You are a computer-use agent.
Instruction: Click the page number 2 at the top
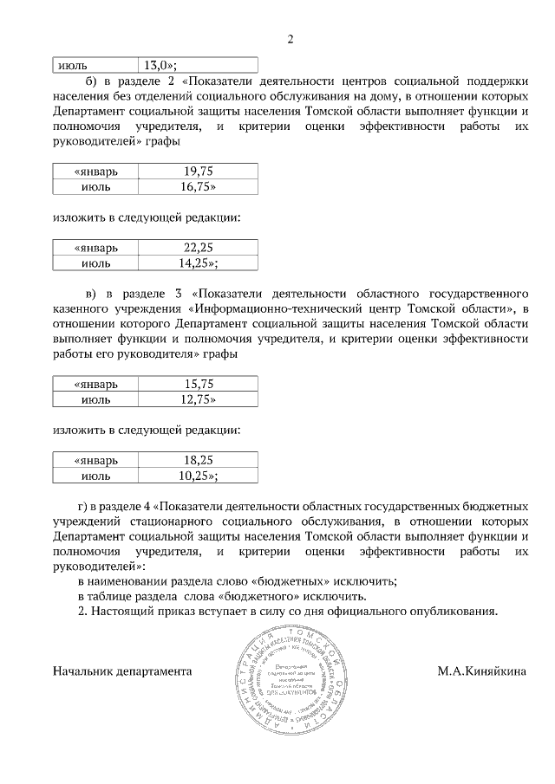pos(291,39)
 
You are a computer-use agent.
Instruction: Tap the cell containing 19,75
pos(199,171)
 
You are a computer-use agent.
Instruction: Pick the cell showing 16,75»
pos(199,185)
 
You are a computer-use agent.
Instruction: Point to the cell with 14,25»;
pos(199,262)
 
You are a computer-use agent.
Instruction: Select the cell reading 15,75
pos(199,384)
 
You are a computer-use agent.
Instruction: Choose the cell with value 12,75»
pos(199,398)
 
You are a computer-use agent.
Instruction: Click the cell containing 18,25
pos(199,461)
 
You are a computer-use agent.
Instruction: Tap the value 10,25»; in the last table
pos(199,476)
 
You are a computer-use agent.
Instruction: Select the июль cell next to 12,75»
pos(95,398)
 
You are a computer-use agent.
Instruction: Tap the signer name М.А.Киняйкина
pos(482,671)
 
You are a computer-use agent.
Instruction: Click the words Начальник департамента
pos(122,671)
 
